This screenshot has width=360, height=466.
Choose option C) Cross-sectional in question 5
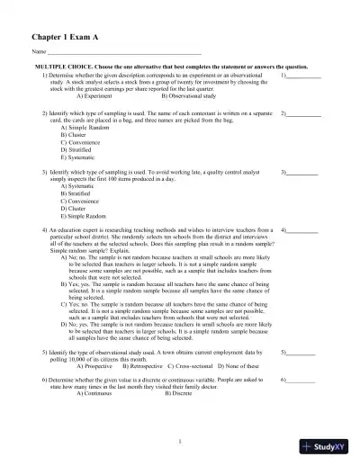tap(199, 366)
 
